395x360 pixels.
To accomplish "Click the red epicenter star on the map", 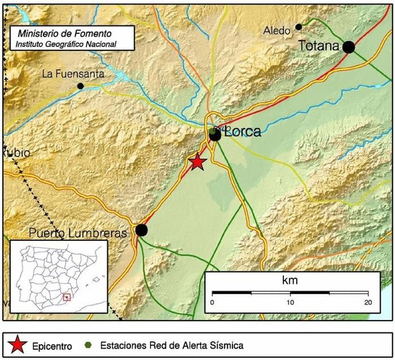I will pyautogui.click(x=197, y=162).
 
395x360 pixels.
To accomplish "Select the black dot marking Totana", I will pyautogui.click(x=348, y=47).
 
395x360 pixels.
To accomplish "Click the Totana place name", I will pyautogui.click(x=319, y=46).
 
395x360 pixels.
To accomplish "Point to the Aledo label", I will pyautogui.click(x=277, y=30).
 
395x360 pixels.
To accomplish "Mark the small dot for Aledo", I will pyautogui.click(x=298, y=27).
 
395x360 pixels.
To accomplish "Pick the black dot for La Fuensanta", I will pyautogui.click(x=80, y=86).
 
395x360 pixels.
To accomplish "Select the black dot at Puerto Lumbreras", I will pyautogui.click(x=141, y=230).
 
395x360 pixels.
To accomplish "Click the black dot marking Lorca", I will pyautogui.click(x=215, y=135).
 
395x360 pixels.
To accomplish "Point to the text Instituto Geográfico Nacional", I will pyautogui.click(x=65, y=44).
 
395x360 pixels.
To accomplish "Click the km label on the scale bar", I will pyautogui.click(x=290, y=281).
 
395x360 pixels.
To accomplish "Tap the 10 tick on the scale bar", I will pyautogui.click(x=290, y=302).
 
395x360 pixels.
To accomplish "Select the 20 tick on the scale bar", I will pyautogui.click(x=367, y=302).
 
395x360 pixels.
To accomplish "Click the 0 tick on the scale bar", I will pyautogui.click(x=212, y=302).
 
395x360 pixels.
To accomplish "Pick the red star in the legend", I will pyautogui.click(x=18, y=345).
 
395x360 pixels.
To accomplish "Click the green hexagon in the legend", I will pyautogui.click(x=88, y=345).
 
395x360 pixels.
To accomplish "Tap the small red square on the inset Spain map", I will pyautogui.click(x=67, y=297).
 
